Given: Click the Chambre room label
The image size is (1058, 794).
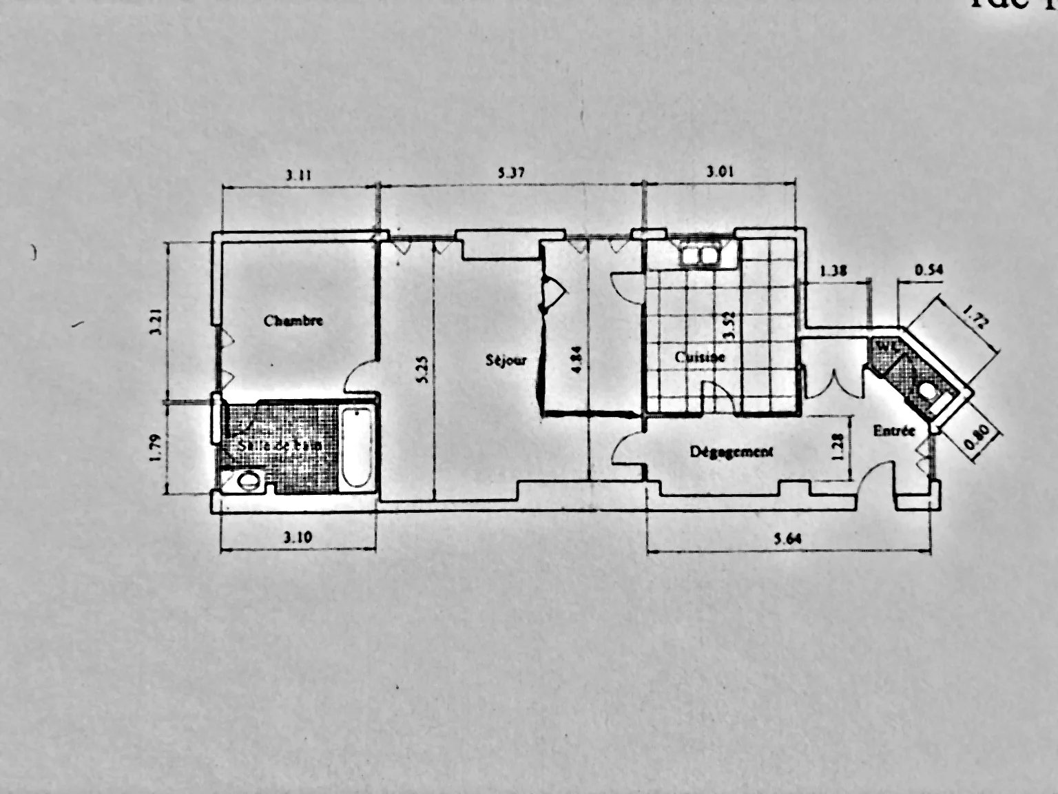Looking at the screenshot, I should [x=293, y=320].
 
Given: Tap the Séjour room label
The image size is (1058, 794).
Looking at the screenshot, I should [x=506, y=360].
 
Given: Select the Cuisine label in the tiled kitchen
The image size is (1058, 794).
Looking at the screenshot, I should [x=699, y=358].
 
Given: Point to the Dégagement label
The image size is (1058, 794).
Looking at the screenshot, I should [x=732, y=451].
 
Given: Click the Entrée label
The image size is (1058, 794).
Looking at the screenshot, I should [x=894, y=431].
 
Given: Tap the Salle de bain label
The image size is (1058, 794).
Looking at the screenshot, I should [x=279, y=446].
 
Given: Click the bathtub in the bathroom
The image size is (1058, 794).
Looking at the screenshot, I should [x=357, y=449].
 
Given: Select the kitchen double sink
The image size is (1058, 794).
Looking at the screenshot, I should [x=699, y=256].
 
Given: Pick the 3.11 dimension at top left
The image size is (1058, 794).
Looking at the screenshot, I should [x=299, y=175].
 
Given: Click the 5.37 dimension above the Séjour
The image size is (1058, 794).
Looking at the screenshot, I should [x=512, y=174].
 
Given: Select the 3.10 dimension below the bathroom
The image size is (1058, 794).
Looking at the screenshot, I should [x=298, y=538].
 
